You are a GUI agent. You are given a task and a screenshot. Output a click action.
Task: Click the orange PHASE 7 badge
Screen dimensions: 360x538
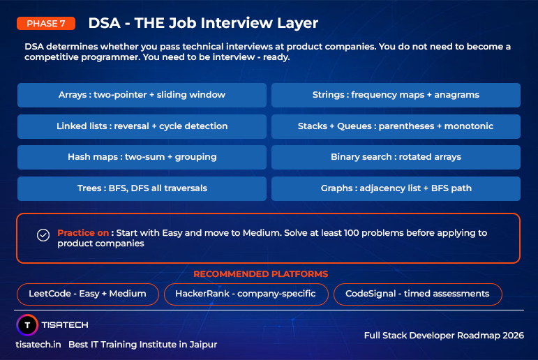(46, 23)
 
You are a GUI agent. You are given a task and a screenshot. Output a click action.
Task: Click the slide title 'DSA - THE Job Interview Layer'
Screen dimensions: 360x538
(203, 23)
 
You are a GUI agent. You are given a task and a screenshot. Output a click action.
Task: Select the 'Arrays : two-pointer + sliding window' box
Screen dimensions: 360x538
(142, 95)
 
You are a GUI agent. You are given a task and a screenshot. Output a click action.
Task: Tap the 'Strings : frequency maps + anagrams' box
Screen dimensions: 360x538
(396, 95)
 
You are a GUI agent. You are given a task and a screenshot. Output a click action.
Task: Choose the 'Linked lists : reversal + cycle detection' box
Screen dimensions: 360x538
(142, 126)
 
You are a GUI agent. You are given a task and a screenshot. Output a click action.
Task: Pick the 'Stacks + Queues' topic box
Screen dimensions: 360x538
(396, 126)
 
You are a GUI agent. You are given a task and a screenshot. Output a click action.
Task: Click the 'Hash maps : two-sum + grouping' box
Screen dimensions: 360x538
(142, 157)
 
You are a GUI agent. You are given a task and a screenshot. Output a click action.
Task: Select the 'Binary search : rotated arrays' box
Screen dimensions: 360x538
(396, 157)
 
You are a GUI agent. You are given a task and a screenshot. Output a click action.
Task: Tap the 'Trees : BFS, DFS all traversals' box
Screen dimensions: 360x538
(142, 188)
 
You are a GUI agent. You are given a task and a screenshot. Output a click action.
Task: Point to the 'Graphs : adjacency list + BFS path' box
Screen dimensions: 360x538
(396, 188)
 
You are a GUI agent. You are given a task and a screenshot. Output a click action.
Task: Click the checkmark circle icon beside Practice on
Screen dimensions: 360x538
(43, 235)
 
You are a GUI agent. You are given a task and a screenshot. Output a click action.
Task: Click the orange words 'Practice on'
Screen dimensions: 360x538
(83, 233)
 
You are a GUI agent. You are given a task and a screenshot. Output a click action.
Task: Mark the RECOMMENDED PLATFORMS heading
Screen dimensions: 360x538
(260, 274)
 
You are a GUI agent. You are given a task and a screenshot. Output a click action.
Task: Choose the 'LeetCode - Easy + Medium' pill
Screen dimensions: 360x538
(87, 294)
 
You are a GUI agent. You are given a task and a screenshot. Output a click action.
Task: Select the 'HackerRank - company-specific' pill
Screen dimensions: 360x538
(245, 294)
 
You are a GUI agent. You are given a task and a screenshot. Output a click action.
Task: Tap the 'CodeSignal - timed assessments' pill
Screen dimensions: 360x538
(417, 294)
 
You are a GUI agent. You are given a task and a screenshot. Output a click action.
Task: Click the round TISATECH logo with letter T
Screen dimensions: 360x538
(27, 325)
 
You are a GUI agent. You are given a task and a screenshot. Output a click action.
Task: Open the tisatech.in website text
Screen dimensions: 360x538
(38, 345)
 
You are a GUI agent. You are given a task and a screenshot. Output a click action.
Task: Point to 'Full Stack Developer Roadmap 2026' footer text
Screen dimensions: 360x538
(444, 336)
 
